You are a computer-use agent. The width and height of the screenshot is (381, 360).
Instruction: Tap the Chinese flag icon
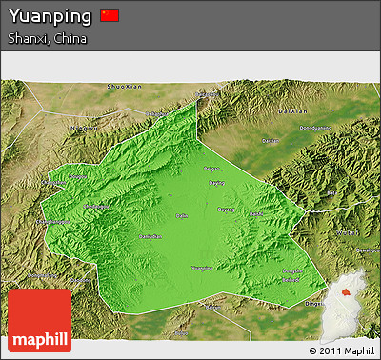tap(110, 15)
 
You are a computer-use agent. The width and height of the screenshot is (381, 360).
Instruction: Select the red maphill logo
tap(39, 321)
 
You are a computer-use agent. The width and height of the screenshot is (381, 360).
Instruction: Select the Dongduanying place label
tap(315, 129)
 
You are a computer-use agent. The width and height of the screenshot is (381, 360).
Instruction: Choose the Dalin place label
tap(182, 216)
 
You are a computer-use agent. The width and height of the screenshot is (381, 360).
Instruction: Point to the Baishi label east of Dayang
tap(254, 214)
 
